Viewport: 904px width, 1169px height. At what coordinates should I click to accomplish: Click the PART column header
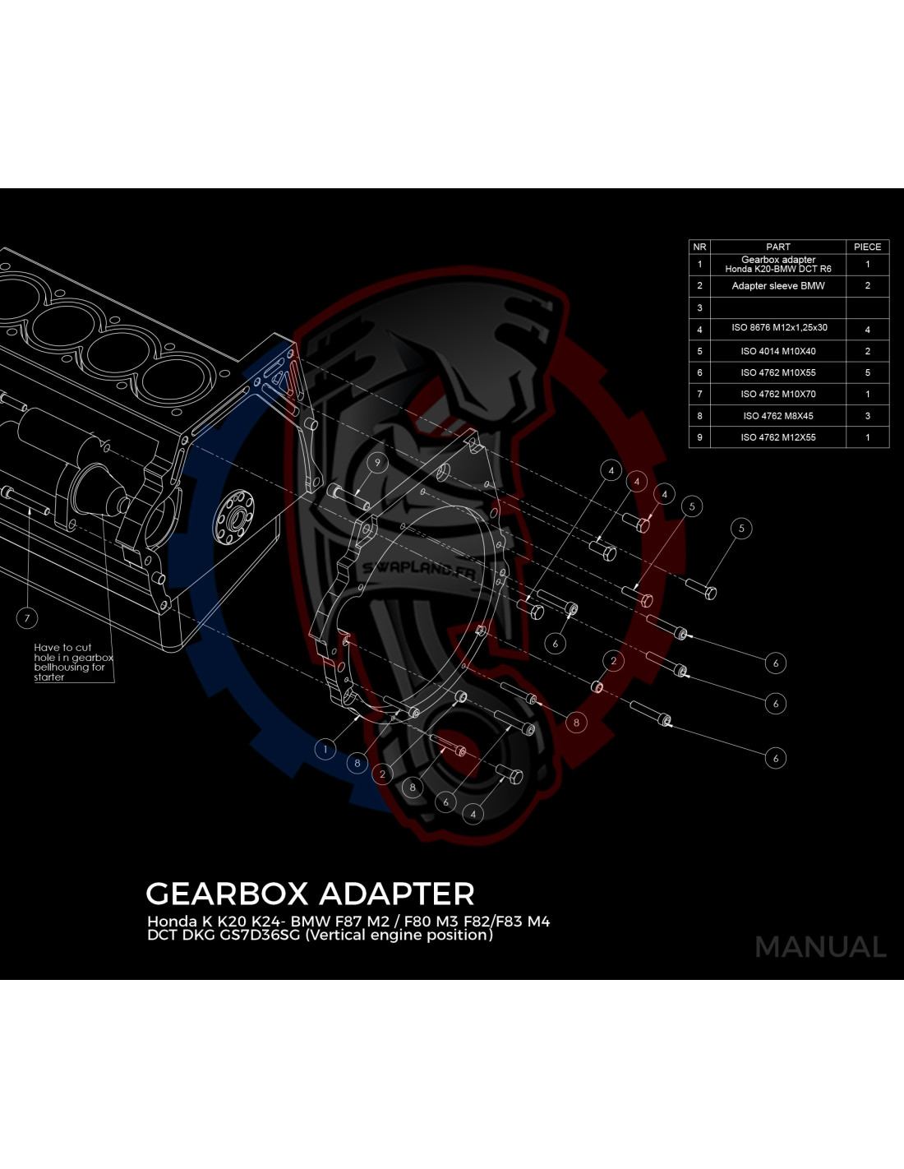pos(777,247)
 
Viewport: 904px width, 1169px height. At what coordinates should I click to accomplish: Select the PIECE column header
pos(868,247)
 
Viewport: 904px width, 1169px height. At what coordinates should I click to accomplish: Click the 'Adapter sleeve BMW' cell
pos(777,285)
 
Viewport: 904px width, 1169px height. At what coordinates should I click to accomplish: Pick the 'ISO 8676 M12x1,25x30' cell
pos(777,328)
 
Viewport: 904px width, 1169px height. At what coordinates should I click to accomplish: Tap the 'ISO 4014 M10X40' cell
pos(777,351)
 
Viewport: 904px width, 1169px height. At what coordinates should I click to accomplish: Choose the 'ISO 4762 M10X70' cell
pos(777,395)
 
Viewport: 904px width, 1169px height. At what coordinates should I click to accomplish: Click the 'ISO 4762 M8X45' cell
pos(777,416)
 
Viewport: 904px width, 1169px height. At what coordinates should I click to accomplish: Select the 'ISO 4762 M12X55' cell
pos(777,437)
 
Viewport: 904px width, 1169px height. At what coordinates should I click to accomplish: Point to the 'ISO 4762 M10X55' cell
pos(777,372)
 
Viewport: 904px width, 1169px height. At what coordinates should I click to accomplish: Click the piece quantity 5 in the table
pos(868,372)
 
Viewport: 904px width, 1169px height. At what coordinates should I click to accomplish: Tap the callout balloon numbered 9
pos(377,463)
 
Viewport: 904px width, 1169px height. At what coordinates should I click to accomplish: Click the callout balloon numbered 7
pos(27,618)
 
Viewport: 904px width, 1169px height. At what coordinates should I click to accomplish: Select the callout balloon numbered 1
pos(325,750)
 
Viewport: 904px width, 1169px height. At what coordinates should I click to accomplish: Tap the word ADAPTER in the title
pos(397,894)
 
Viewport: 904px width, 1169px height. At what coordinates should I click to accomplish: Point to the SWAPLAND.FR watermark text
pos(419,570)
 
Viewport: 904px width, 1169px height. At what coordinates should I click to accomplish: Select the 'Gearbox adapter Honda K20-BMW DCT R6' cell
pos(777,264)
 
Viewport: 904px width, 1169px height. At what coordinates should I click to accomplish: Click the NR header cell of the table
pos(699,247)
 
